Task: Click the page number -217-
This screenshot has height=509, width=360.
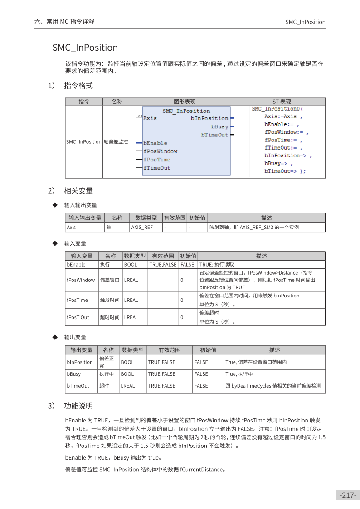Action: click(x=348, y=495)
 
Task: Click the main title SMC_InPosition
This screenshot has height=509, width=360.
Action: click(x=85, y=48)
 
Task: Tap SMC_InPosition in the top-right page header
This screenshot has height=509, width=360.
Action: click(x=305, y=22)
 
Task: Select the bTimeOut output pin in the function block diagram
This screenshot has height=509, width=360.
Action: click(x=215, y=135)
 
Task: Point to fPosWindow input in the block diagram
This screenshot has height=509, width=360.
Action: click(x=161, y=151)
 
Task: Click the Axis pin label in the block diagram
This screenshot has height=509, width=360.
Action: click(x=150, y=118)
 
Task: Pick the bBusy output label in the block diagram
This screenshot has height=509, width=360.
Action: click(x=220, y=127)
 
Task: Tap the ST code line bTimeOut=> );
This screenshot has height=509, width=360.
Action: click(x=285, y=171)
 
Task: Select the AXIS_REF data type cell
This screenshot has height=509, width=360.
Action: click(x=142, y=228)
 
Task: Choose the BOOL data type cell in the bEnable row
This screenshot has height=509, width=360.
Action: click(x=131, y=265)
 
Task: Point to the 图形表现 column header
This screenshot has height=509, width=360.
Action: click(x=185, y=102)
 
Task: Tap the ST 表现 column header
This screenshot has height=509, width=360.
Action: click(x=282, y=102)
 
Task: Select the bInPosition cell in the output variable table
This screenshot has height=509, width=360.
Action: click(x=80, y=362)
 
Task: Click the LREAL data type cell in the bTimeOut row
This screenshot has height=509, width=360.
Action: click(x=128, y=386)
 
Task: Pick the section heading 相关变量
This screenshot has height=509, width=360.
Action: click(x=78, y=191)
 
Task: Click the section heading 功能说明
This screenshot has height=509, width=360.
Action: click(x=78, y=406)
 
